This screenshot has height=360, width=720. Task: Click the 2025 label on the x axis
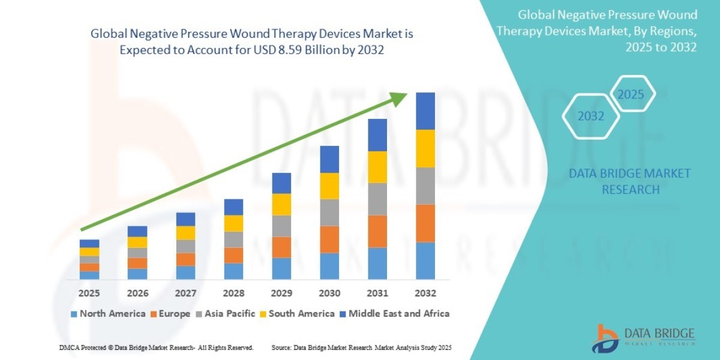[89, 293]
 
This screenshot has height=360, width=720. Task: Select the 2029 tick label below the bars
[281, 293]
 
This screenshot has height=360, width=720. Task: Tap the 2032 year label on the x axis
[425, 293]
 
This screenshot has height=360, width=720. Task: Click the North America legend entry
[108, 313]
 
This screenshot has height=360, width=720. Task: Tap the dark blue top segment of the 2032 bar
[425, 111]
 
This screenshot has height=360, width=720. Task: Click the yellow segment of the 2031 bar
[377, 167]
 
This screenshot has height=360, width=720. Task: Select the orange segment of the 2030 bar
[329, 239]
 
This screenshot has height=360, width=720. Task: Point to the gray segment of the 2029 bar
[281, 226]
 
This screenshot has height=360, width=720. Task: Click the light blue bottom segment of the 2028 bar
[233, 271]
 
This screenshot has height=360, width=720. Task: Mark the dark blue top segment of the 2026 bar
[137, 231]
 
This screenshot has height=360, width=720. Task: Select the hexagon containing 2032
[591, 116]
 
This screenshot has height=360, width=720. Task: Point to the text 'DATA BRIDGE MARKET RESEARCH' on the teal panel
[629, 181]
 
